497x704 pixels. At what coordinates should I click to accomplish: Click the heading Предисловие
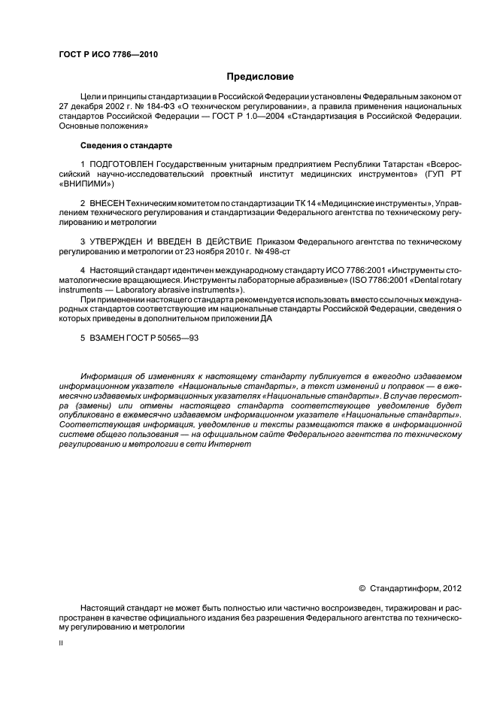pyautogui.click(x=260, y=76)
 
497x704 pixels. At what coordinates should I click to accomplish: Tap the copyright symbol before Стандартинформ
pyautogui.click(x=362, y=587)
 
